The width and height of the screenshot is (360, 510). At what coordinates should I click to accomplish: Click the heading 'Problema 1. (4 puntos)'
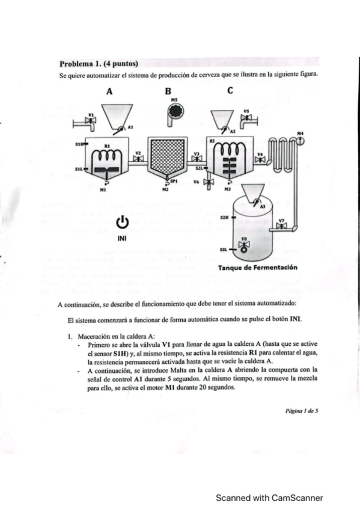tap(99, 64)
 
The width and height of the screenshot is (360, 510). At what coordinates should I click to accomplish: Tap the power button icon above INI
tap(123, 223)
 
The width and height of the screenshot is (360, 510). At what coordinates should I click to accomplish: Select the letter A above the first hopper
tap(109, 92)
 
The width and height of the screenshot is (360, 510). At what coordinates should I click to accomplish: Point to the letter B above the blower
tap(168, 92)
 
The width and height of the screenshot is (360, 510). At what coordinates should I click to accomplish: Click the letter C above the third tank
tap(230, 91)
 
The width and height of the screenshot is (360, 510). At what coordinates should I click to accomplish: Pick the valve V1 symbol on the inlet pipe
tap(91, 121)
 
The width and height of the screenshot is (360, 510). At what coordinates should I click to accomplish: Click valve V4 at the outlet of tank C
tap(260, 160)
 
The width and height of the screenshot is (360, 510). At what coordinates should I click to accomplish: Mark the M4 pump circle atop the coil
tap(300, 140)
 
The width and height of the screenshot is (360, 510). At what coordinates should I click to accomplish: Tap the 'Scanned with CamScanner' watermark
tap(270, 497)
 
